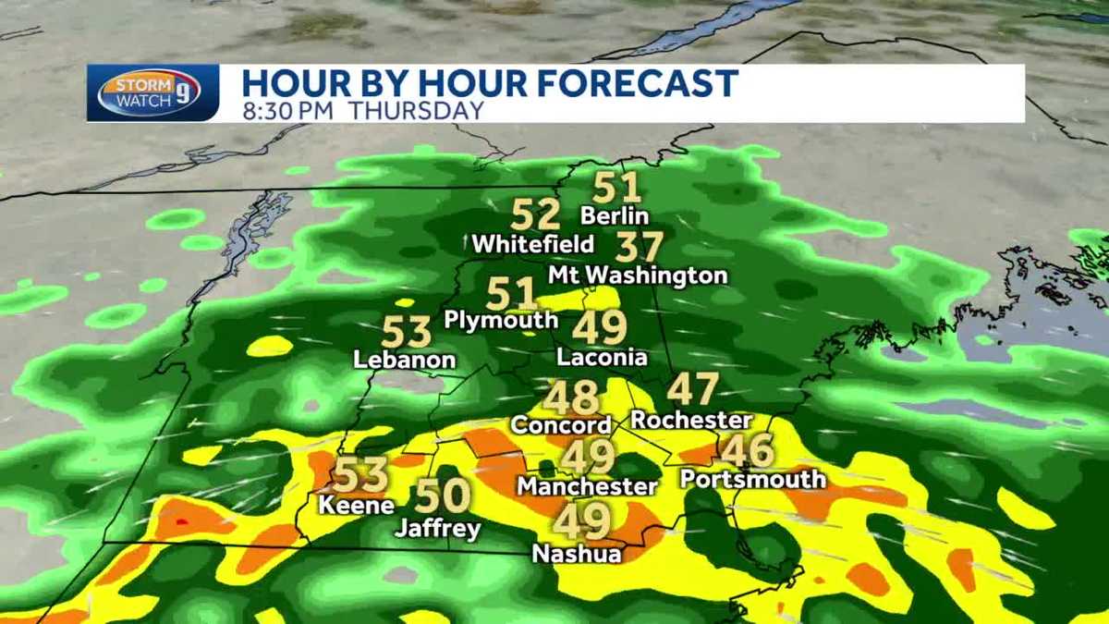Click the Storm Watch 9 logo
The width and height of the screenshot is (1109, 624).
tap(149, 93)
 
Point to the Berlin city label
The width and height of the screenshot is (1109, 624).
tap(615, 216)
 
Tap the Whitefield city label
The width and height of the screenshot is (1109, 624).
tap(533, 245)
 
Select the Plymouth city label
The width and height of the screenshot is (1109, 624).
tap(502, 320)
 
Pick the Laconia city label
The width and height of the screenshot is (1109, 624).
tap(603, 357)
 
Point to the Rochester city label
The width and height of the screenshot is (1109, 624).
tap(691, 420)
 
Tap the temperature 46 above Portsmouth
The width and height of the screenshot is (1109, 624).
tap(748, 451)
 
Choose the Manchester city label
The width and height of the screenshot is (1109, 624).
tap(588, 485)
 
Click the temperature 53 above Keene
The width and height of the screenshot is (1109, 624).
tap(360, 475)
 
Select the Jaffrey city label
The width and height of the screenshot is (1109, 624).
tap(438, 529)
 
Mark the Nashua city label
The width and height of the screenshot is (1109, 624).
tap(577, 554)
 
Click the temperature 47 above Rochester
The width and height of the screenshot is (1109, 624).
tap(693, 389)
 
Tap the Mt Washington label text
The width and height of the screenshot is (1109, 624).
tap(638, 275)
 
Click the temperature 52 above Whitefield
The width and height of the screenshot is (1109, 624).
tap(536, 215)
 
